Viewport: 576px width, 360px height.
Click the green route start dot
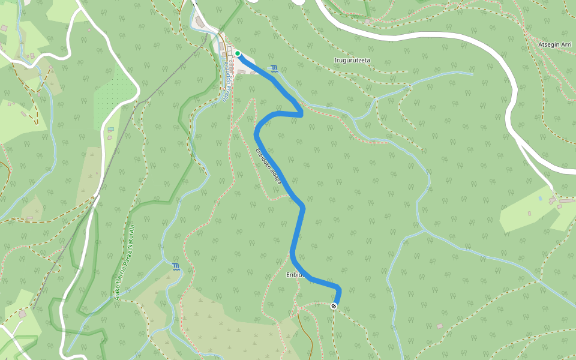point(238,53)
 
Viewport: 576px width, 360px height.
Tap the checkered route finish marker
point(334,306)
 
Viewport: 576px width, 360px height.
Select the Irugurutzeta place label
point(352,60)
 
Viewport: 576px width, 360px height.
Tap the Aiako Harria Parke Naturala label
point(125,262)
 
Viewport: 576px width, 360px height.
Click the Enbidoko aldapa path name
point(268,164)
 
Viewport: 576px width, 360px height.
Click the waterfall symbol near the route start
point(274,68)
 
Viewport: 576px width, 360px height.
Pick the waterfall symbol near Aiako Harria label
point(176,266)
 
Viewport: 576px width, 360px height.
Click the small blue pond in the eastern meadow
point(540,198)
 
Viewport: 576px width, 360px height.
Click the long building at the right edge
point(566,200)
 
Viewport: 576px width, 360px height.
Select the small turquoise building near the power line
point(110,129)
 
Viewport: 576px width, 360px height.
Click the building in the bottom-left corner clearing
point(22,314)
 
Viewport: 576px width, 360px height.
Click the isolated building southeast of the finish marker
point(440,326)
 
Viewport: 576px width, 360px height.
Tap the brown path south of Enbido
point(308,336)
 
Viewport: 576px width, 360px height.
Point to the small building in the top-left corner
point(4,28)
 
